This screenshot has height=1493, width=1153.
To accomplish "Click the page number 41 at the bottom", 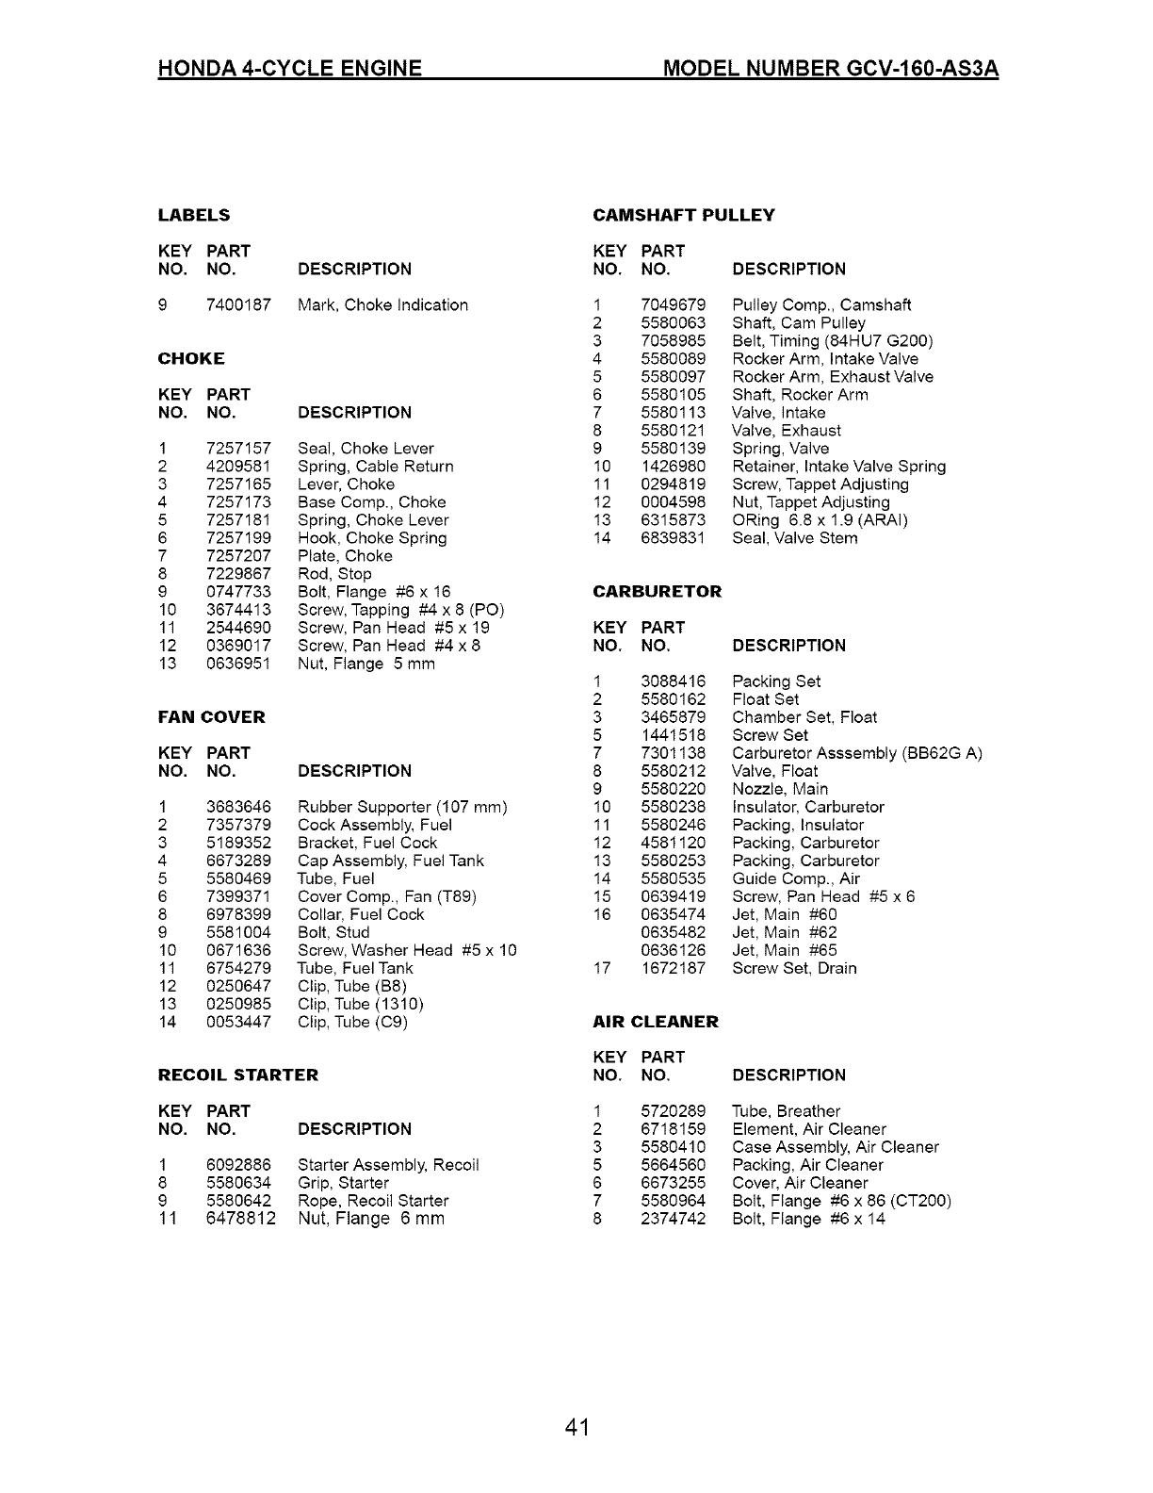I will point(576,1427).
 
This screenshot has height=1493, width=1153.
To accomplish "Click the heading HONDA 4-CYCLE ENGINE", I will point(289,69).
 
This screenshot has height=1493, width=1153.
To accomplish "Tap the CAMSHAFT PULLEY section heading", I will point(683,215).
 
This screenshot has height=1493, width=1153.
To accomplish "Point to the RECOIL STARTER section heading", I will point(238,1075).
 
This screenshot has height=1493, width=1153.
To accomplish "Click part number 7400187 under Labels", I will point(238,305).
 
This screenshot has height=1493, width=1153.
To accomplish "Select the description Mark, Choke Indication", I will point(382,305).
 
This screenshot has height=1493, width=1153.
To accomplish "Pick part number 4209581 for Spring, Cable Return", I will point(238,467).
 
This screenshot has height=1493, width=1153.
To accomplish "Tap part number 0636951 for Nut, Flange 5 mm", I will point(238,664).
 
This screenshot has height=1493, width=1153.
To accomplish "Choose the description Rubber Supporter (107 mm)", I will point(402,807).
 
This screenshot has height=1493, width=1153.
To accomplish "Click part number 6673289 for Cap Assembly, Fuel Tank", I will point(238,861).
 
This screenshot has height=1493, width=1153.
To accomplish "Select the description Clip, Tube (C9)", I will point(352,1022).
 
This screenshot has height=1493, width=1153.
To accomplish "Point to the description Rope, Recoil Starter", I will point(373,1201).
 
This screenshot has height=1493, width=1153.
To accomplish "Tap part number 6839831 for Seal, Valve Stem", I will point(673,538).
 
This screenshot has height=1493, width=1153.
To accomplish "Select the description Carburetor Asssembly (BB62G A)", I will point(857,753).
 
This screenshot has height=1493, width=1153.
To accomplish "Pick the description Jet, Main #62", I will point(784,932).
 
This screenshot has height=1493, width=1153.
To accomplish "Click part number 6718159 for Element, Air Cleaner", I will point(673,1129).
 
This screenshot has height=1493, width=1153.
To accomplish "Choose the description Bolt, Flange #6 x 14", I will point(808,1219).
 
